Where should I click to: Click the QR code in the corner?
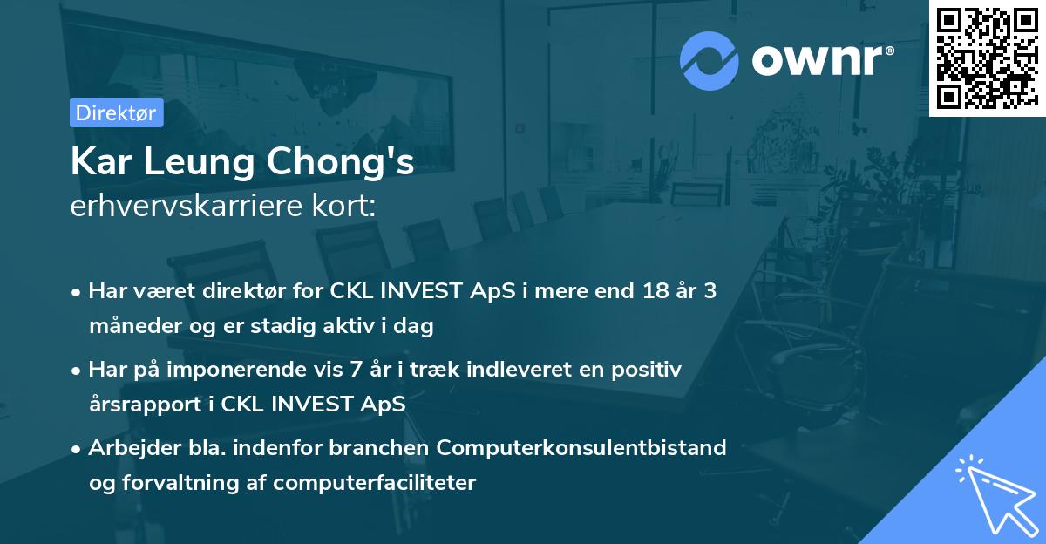coord(987,58)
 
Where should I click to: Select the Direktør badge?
coord(116,112)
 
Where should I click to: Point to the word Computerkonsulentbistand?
coord(581,448)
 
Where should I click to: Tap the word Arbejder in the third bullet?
coord(127,448)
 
